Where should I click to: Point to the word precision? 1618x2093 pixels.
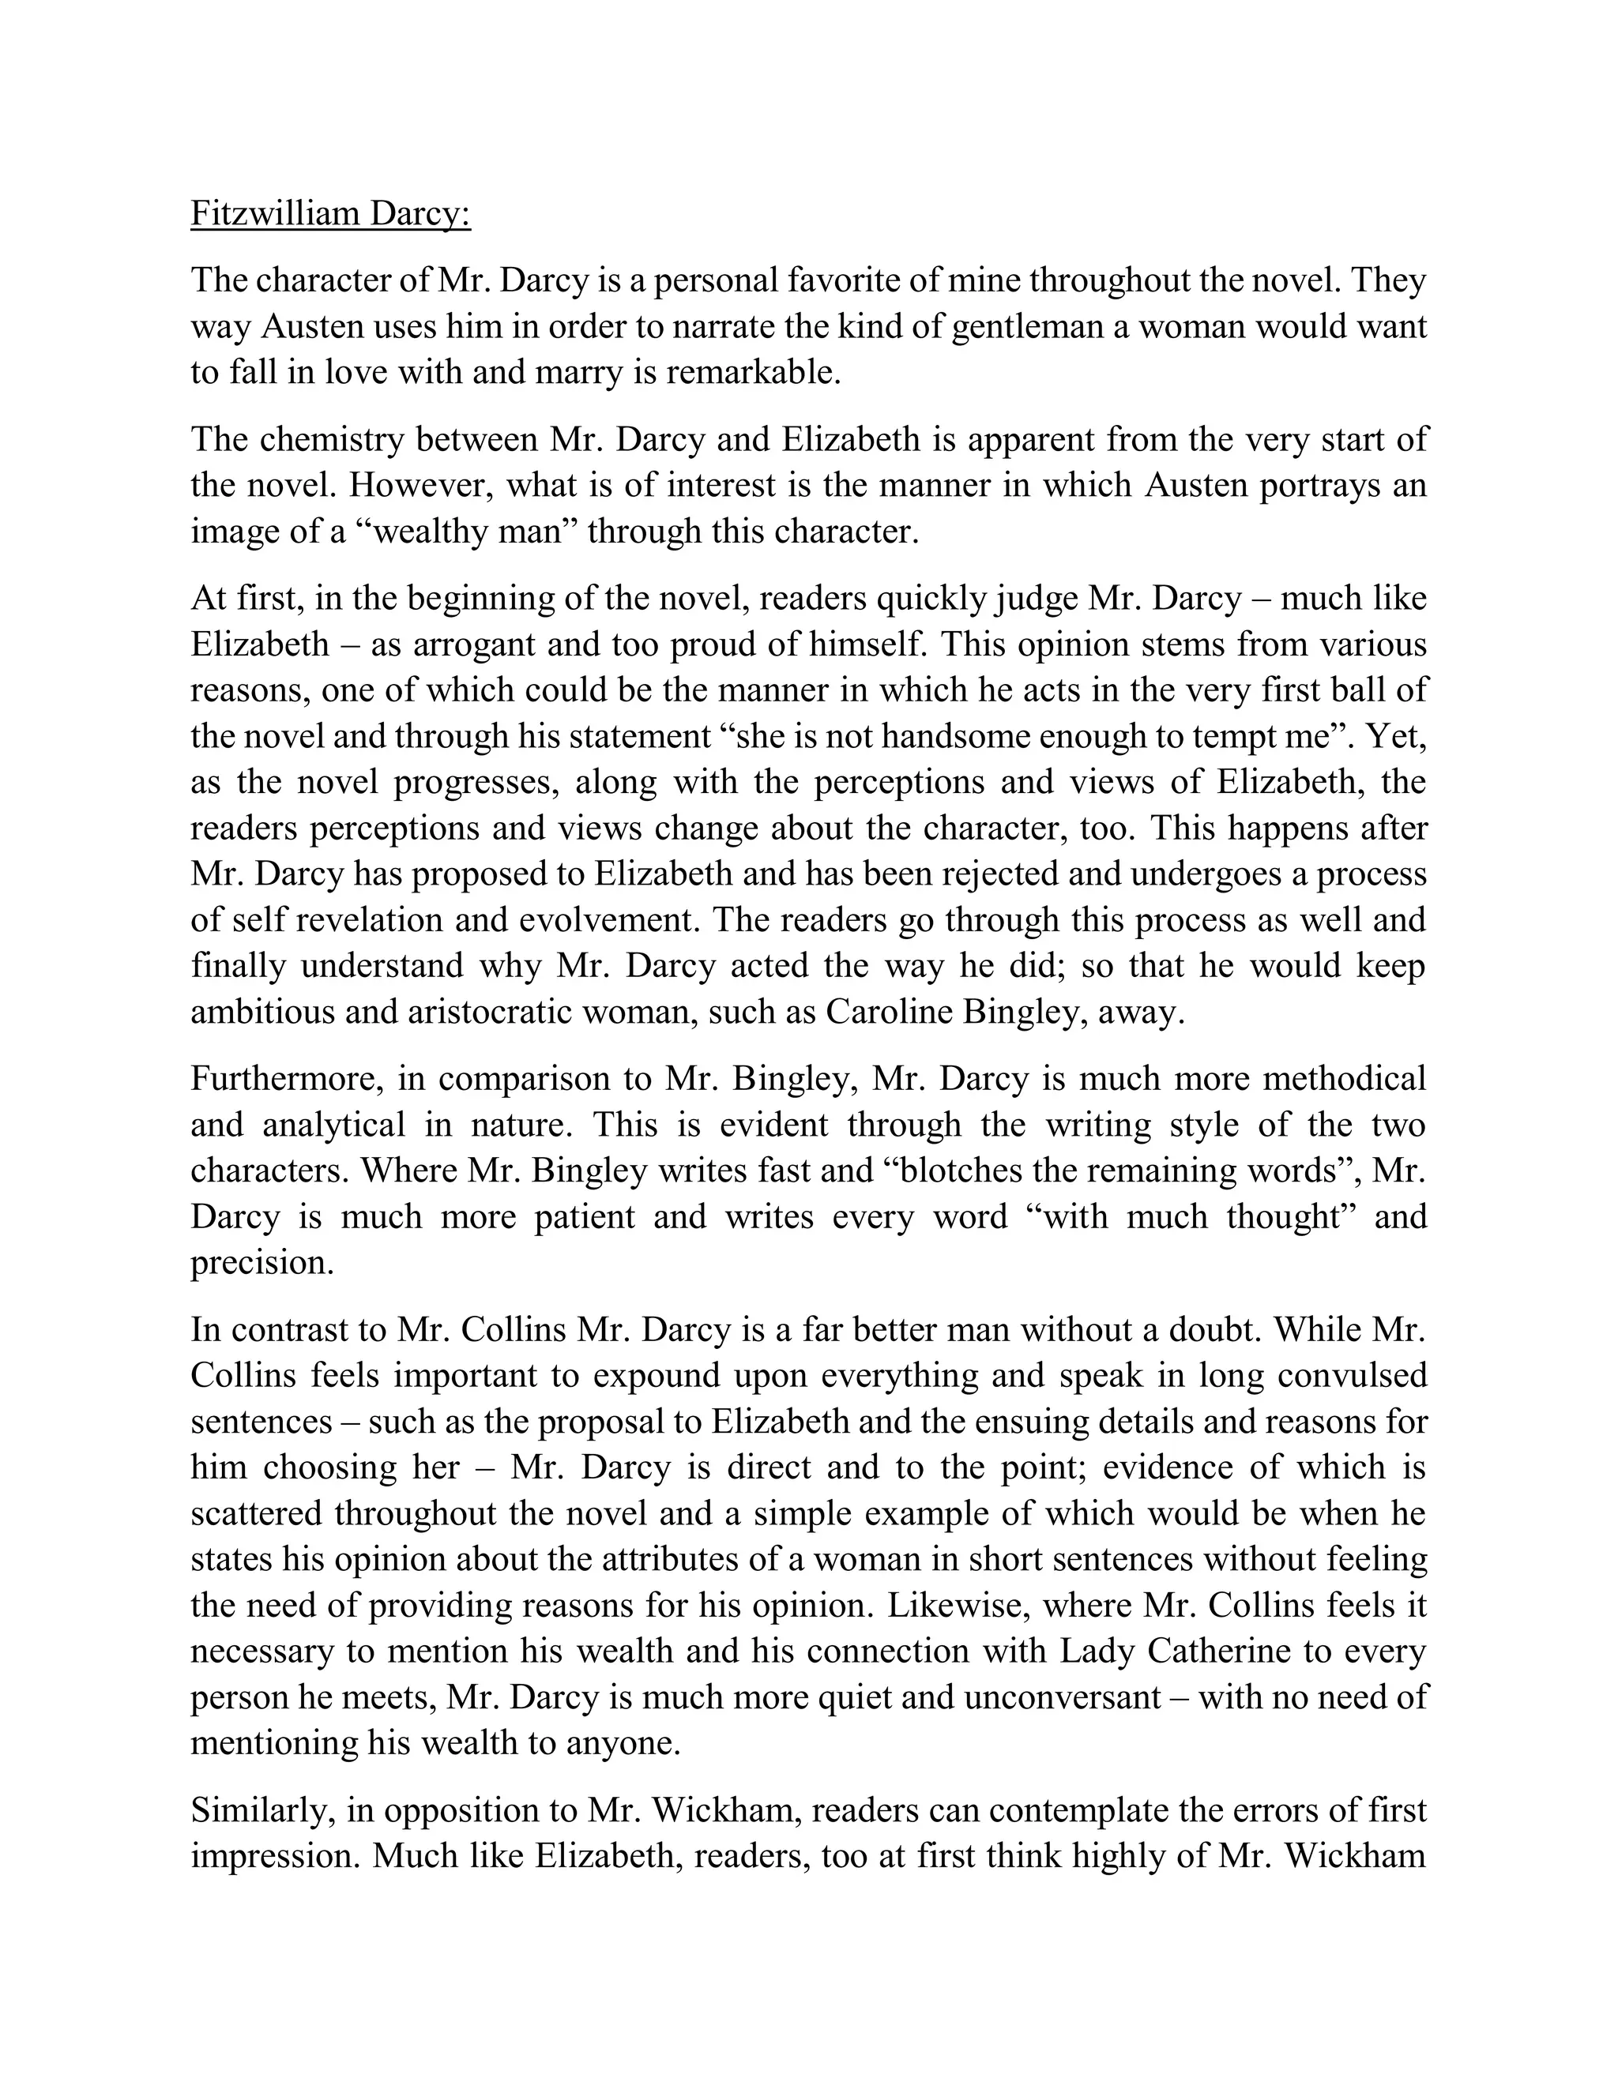coord(261,1263)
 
